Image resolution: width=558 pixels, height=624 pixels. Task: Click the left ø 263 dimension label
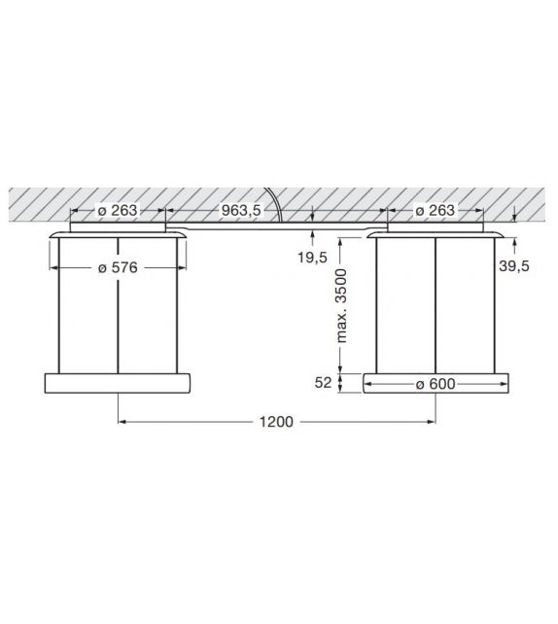[119, 210]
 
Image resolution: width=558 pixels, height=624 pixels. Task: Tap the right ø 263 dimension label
[435, 210]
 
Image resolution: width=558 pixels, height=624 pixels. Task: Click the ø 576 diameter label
[119, 268]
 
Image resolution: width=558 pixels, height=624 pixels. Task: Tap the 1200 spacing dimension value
[278, 422]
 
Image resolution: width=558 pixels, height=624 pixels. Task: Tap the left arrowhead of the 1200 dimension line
[122, 422]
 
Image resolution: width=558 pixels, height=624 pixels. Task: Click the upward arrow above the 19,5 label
[312, 233]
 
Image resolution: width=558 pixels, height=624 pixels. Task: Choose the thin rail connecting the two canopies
[282, 226]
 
